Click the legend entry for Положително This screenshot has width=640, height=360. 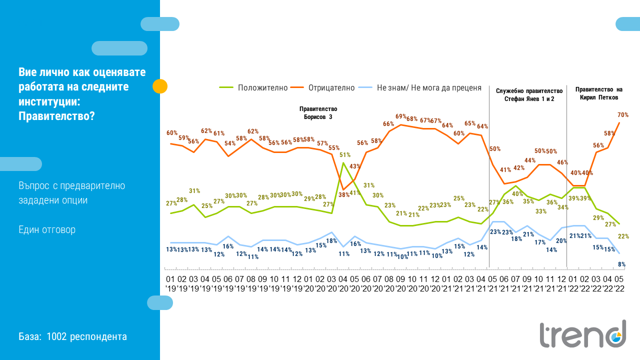point(262,87)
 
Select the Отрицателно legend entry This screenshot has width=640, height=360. point(331,87)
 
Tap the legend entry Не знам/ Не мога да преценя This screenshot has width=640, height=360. point(428,87)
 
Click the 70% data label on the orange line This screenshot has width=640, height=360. point(622,115)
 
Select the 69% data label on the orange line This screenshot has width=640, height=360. point(401,116)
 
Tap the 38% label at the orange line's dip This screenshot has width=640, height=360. point(343,195)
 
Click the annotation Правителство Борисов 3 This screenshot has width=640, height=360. point(318,112)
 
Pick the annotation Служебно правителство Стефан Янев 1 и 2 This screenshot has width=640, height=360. point(529,95)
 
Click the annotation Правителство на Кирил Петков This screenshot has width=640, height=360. point(598,93)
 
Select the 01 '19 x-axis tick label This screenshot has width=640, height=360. point(170,284)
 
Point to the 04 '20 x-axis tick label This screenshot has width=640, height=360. point(343,284)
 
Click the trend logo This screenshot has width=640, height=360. point(582,334)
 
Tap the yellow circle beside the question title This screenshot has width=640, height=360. point(159,86)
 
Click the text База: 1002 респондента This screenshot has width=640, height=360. point(73,336)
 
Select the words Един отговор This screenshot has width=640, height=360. point(47,230)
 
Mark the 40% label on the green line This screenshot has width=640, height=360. point(517,194)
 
